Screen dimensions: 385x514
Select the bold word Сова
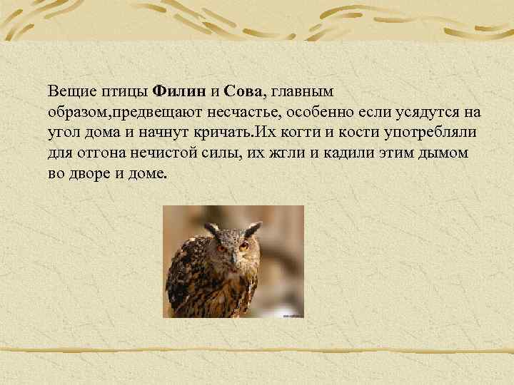point(243,92)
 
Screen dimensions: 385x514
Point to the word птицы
point(128,92)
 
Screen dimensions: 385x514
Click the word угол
point(64,133)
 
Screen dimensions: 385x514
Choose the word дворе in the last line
point(89,175)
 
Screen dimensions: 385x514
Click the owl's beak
point(232,256)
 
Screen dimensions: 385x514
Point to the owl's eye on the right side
point(243,246)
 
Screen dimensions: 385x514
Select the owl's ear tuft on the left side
point(211,229)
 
